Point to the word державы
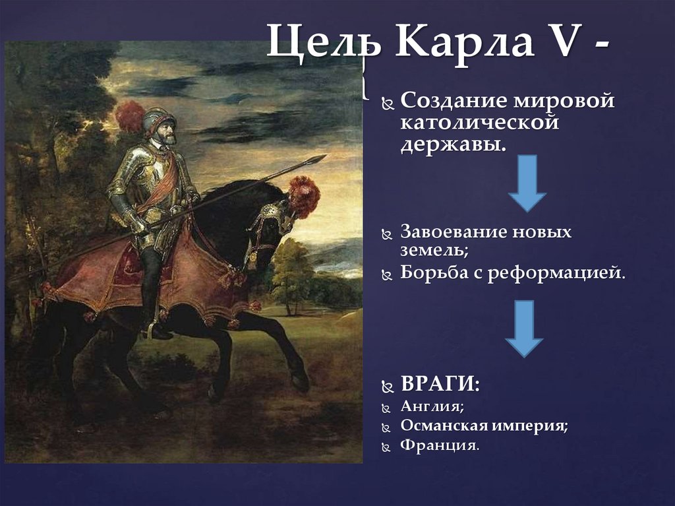pyautogui.click(x=454, y=143)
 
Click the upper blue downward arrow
pyautogui.click(x=527, y=183)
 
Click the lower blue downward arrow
pyautogui.click(x=524, y=329)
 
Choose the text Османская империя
pyautogui.click(x=484, y=426)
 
